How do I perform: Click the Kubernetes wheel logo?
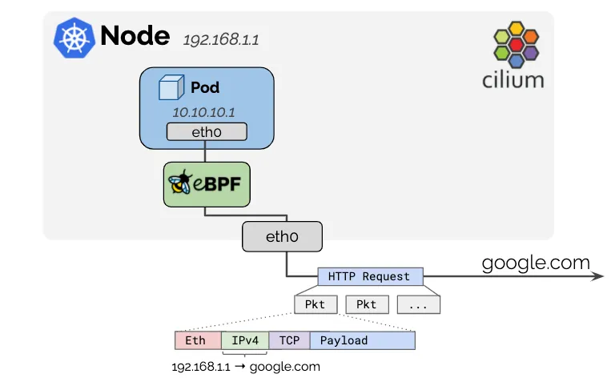coord(74,38)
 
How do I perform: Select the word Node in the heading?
coord(135,36)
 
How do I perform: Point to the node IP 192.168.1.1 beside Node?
coord(220,39)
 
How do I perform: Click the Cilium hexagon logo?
coord(516,45)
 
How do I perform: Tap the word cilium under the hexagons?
coord(513,80)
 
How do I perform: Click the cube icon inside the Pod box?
coord(170,87)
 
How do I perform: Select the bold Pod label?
coord(205,86)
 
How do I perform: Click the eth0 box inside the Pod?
coord(206,132)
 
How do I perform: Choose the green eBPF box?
coord(204,183)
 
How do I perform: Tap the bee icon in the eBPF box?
coord(181,183)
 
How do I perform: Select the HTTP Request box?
coord(369,276)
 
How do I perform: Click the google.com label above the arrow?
coord(535,262)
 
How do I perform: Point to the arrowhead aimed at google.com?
coord(597,276)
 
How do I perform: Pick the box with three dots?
coord(419,304)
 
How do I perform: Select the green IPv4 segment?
coord(245,340)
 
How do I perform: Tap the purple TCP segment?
coord(289,340)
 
